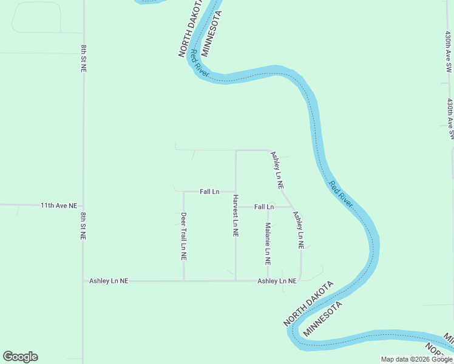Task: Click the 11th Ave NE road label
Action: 59,206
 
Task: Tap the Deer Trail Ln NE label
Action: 183,236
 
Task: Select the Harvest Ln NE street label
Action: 235,215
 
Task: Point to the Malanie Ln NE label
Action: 267,244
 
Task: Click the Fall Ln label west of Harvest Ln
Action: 209,192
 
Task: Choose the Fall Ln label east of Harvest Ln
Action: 264,207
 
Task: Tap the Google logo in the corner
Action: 20,357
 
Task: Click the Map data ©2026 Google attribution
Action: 416,359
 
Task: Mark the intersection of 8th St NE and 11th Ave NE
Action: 83,206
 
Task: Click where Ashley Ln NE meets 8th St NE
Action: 83,281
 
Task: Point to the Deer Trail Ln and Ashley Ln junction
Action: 184,281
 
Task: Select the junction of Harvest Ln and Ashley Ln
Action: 236,281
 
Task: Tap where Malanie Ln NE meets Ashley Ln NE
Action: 268,281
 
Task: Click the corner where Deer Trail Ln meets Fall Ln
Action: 184,192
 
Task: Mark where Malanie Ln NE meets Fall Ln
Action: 268,207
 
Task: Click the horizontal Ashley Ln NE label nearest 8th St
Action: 109,281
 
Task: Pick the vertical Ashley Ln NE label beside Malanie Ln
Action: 298,230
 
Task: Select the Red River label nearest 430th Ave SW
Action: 341,194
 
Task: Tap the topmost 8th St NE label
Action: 83,58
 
